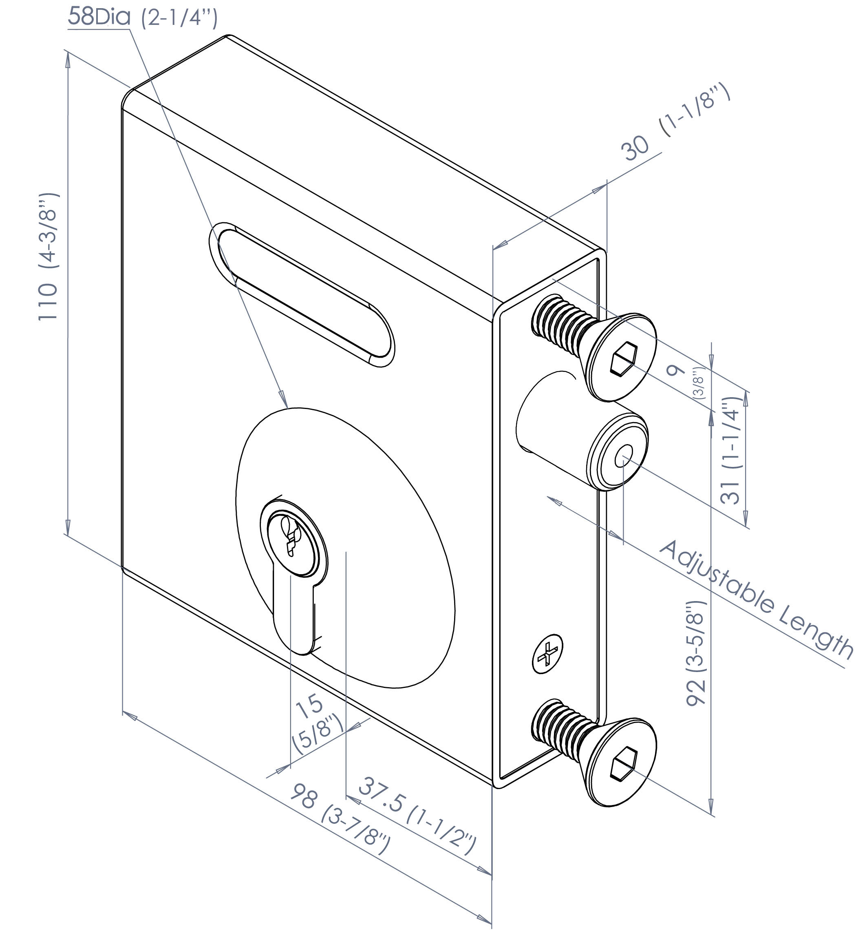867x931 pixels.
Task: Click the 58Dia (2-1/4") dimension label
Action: point(143,17)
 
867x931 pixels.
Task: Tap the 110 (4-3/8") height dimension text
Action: point(48,256)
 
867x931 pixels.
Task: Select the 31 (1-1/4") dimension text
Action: point(731,450)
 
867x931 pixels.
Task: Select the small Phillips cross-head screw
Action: point(547,654)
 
